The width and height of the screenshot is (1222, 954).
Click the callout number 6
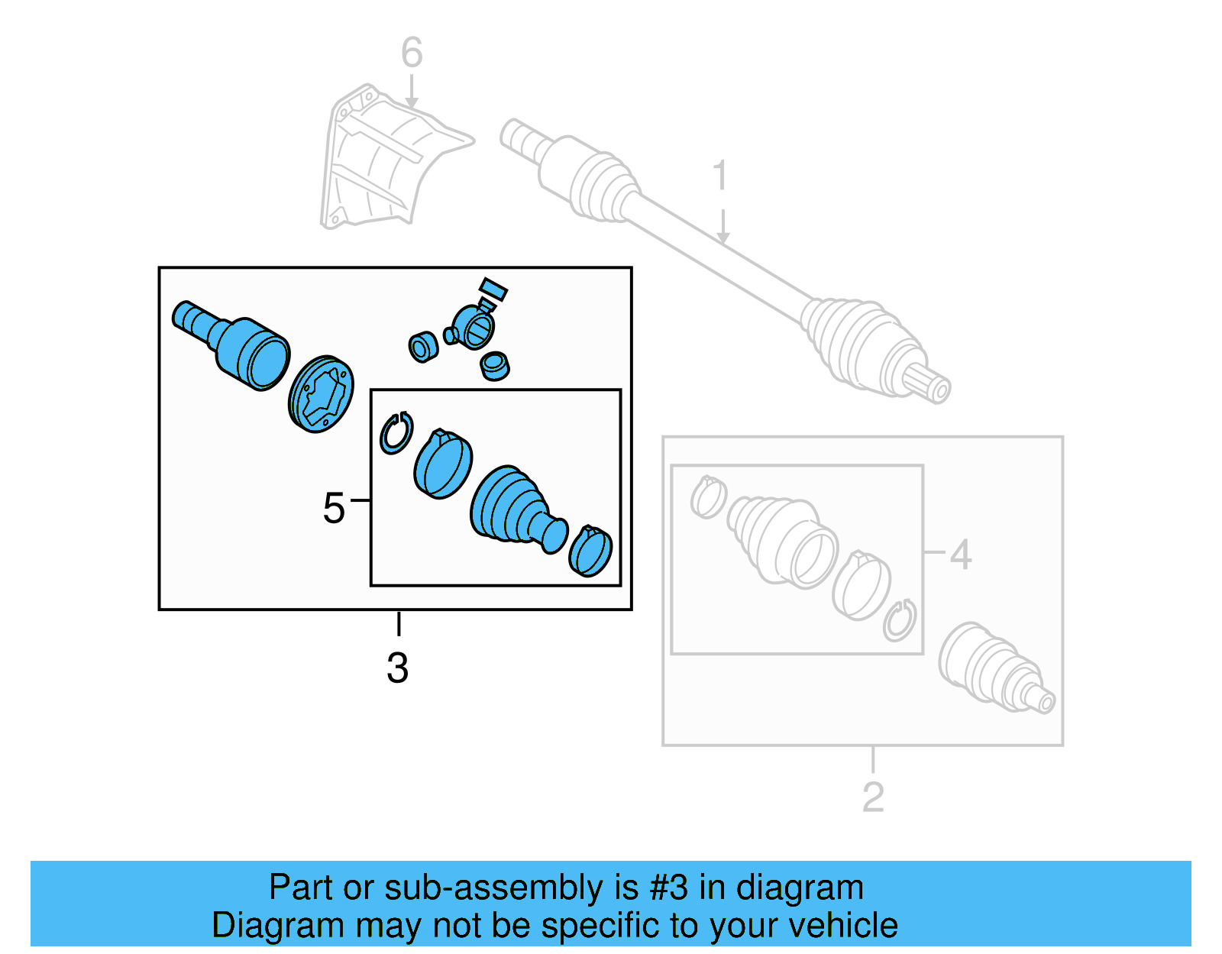412,53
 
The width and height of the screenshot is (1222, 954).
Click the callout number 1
720,176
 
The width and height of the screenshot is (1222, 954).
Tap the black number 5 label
334,508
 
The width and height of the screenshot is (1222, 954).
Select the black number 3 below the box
397,668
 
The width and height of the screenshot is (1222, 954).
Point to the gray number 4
960,555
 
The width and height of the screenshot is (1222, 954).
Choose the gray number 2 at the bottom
873,797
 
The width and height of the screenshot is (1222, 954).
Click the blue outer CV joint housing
244,348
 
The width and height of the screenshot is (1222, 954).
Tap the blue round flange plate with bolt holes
322,394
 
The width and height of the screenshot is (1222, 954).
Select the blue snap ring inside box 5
396,433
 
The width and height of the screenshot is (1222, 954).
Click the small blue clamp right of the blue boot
590,551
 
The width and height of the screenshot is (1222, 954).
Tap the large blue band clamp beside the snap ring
443,464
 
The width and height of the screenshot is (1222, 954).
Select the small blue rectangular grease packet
493,289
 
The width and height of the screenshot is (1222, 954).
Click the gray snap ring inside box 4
900,619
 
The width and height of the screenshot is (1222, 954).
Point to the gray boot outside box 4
993,668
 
